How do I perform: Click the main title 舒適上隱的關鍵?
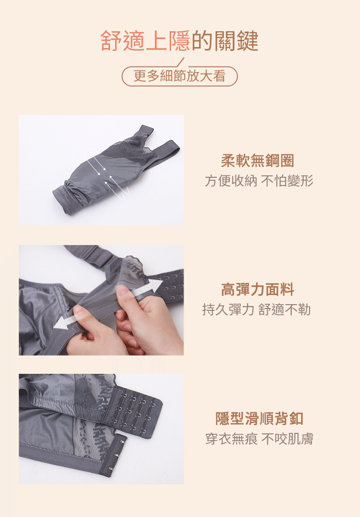[179, 41]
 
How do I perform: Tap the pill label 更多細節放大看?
[179, 76]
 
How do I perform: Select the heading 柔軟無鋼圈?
[257, 161]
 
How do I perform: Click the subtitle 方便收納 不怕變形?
[259, 181]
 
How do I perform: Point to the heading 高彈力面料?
[257, 290]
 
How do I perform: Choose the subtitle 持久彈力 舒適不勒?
[256, 309]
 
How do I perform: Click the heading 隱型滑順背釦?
[259, 419]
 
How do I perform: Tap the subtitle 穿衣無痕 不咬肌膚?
[259, 439]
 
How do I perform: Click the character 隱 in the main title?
[179, 41]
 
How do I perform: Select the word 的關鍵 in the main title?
[225, 41]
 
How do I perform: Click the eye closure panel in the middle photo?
[171, 286]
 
